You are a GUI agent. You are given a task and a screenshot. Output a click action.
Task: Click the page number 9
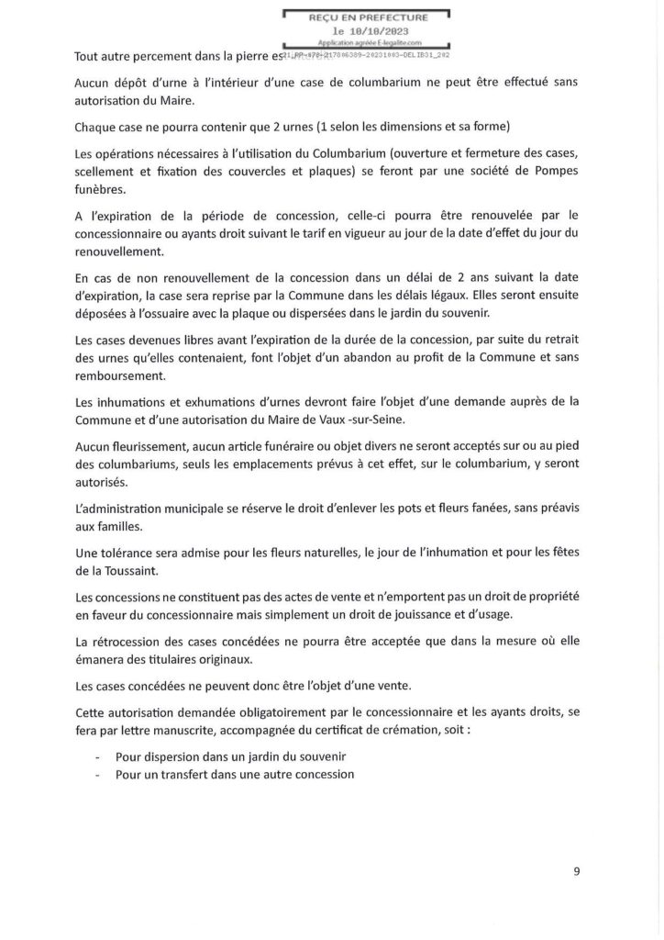[577, 872]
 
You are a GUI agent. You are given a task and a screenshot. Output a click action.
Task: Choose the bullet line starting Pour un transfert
[235, 773]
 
